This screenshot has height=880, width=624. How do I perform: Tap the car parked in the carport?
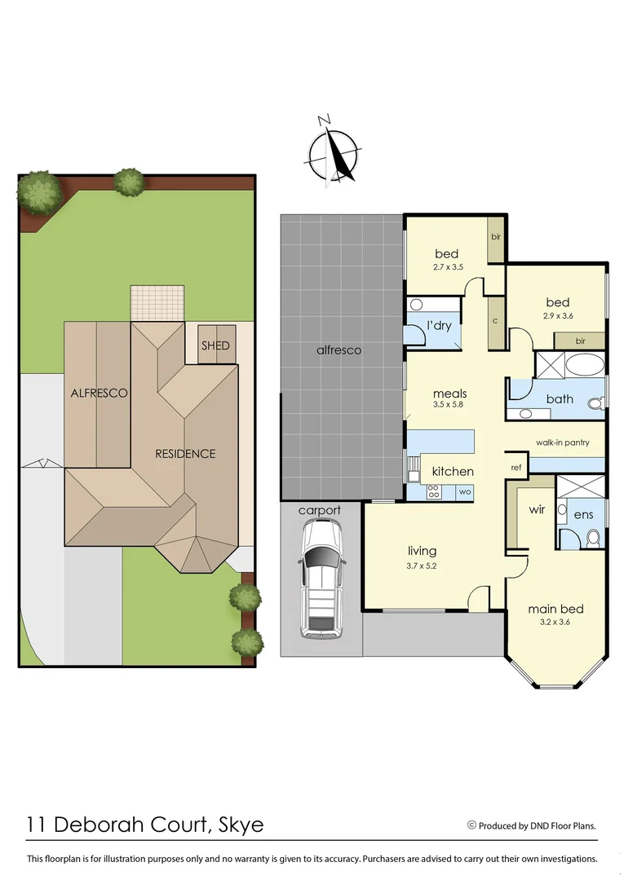coord(320,579)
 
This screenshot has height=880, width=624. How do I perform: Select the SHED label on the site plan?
coord(215,345)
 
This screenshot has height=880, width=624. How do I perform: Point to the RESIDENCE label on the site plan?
coord(186,454)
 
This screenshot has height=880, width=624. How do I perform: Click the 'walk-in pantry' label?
coord(562,442)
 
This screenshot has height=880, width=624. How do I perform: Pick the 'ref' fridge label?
coord(516,468)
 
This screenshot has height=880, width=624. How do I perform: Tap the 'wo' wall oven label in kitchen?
coord(465,491)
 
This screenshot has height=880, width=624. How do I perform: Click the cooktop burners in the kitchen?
coord(434,491)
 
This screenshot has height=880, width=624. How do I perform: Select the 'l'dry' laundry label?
coord(440,326)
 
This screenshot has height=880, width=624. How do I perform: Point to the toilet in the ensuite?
coord(593,537)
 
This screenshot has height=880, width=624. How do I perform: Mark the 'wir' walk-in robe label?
coord(537,509)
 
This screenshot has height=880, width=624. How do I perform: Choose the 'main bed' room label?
coord(555,609)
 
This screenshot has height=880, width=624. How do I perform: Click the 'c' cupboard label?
coord(495,320)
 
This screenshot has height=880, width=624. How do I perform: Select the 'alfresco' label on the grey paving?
coord(339,350)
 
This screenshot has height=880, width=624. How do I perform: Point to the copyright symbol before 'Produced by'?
coord(471,825)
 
